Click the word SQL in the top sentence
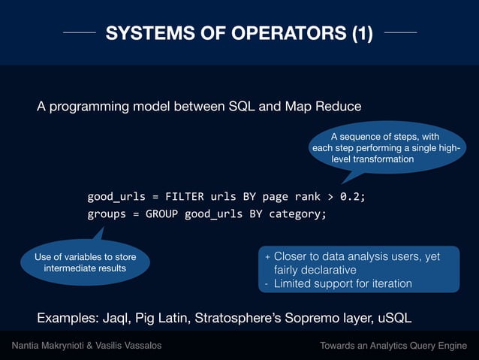[243, 106]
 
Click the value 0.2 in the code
[350, 197]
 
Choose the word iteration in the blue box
[387, 283]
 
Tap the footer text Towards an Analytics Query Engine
[393, 346]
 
